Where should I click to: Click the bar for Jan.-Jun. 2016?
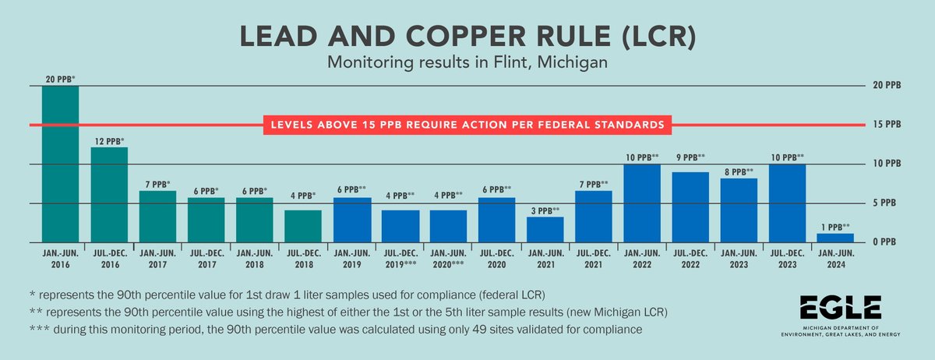coord(60,164)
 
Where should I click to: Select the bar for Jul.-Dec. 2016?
coord(109,195)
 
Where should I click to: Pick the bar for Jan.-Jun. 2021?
coord(545,229)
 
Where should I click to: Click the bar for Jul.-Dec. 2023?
coord(787,203)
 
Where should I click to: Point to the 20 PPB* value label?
coord(60,79)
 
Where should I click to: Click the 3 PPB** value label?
coord(545,210)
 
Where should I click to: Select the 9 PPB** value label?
coord(690,157)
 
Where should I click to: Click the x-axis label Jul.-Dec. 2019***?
coord(400,258)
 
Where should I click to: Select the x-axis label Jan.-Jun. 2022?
coord(641,258)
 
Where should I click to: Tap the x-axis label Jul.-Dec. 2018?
coord(302,258)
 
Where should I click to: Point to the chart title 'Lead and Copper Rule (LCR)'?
coord(467,35)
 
